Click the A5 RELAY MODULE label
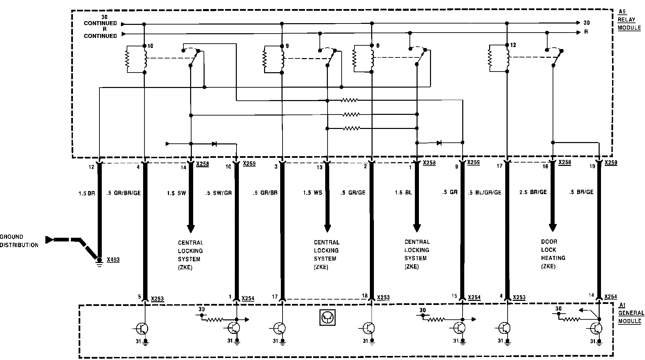coord(629,20)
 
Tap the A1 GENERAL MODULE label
coord(631,313)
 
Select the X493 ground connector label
coord(113,260)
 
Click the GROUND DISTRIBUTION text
coord(19,241)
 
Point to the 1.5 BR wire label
coord(87,193)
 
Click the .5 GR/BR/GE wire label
coord(123,193)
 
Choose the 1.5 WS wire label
coord(312,193)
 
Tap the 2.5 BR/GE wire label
coord(533,192)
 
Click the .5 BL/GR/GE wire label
coord(484,192)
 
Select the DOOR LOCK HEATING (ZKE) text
coord(553,254)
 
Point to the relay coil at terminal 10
coord(145,59)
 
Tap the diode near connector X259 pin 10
coord(214,144)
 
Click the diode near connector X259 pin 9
coord(439,143)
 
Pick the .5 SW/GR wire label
coord(218,193)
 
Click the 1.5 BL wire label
coord(403,192)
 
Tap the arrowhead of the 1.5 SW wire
coord(191,229)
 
